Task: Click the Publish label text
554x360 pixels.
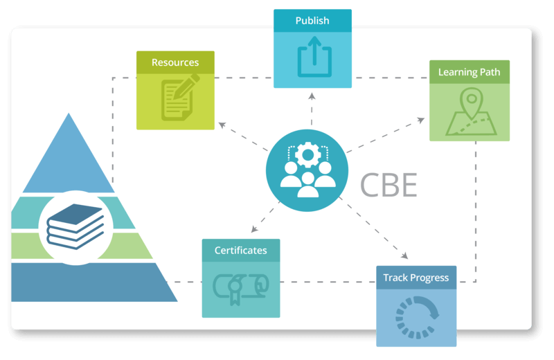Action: point(312,20)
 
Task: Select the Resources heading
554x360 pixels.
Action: point(175,62)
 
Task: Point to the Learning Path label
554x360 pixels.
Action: point(469,72)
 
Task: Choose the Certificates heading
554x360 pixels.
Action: point(240,250)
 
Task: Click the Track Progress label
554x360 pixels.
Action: point(416,278)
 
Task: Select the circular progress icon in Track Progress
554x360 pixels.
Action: point(416,318)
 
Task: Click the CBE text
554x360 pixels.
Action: point(388,185)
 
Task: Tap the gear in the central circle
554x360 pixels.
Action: point(305,154)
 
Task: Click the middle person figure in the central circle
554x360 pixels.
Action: point(305,181)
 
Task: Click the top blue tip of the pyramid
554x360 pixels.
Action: point(68,138)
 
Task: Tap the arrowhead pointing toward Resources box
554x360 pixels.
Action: point(221,125)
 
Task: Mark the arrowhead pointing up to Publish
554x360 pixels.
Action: point(311,93)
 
